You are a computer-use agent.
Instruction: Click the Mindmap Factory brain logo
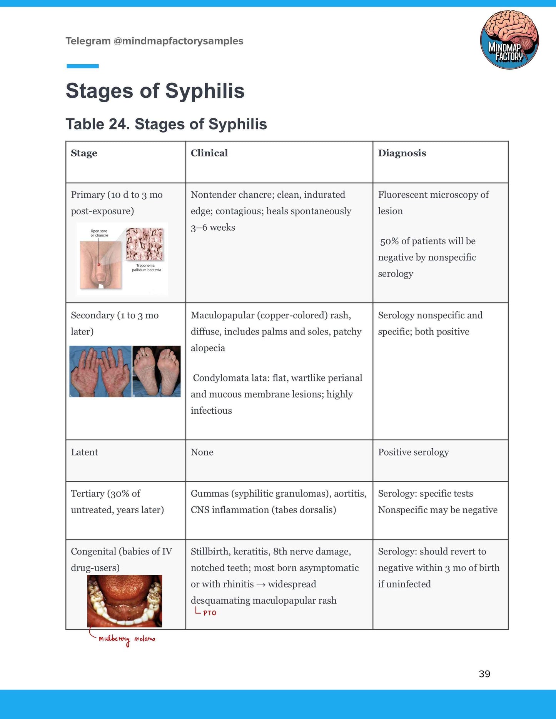(509, 40)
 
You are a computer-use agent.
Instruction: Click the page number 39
(484, 674)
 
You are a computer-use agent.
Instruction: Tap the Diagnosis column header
(402, 153)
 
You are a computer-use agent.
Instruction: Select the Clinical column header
(209, 153)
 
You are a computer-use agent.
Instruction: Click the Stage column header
(84, 153)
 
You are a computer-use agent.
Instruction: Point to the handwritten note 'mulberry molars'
(127, 639)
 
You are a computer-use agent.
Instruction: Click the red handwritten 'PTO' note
(209, 613)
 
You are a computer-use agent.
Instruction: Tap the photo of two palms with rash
(100, 371)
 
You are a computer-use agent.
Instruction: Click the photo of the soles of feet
(156, 371)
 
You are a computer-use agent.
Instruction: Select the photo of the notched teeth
(124, 601)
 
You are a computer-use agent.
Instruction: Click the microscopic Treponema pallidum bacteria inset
(145, 244)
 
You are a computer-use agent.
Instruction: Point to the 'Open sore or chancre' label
(99, 233)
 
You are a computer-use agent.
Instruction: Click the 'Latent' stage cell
(84, 452)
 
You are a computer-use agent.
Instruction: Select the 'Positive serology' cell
(413, 452)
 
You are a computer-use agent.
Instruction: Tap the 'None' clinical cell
(202, 452)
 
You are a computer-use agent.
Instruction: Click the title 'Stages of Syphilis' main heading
(155, 91)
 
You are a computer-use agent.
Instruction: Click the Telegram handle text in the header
(154, 41)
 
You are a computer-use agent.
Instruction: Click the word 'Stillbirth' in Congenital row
(210, 551)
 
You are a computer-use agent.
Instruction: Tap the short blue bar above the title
(83, 66)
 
